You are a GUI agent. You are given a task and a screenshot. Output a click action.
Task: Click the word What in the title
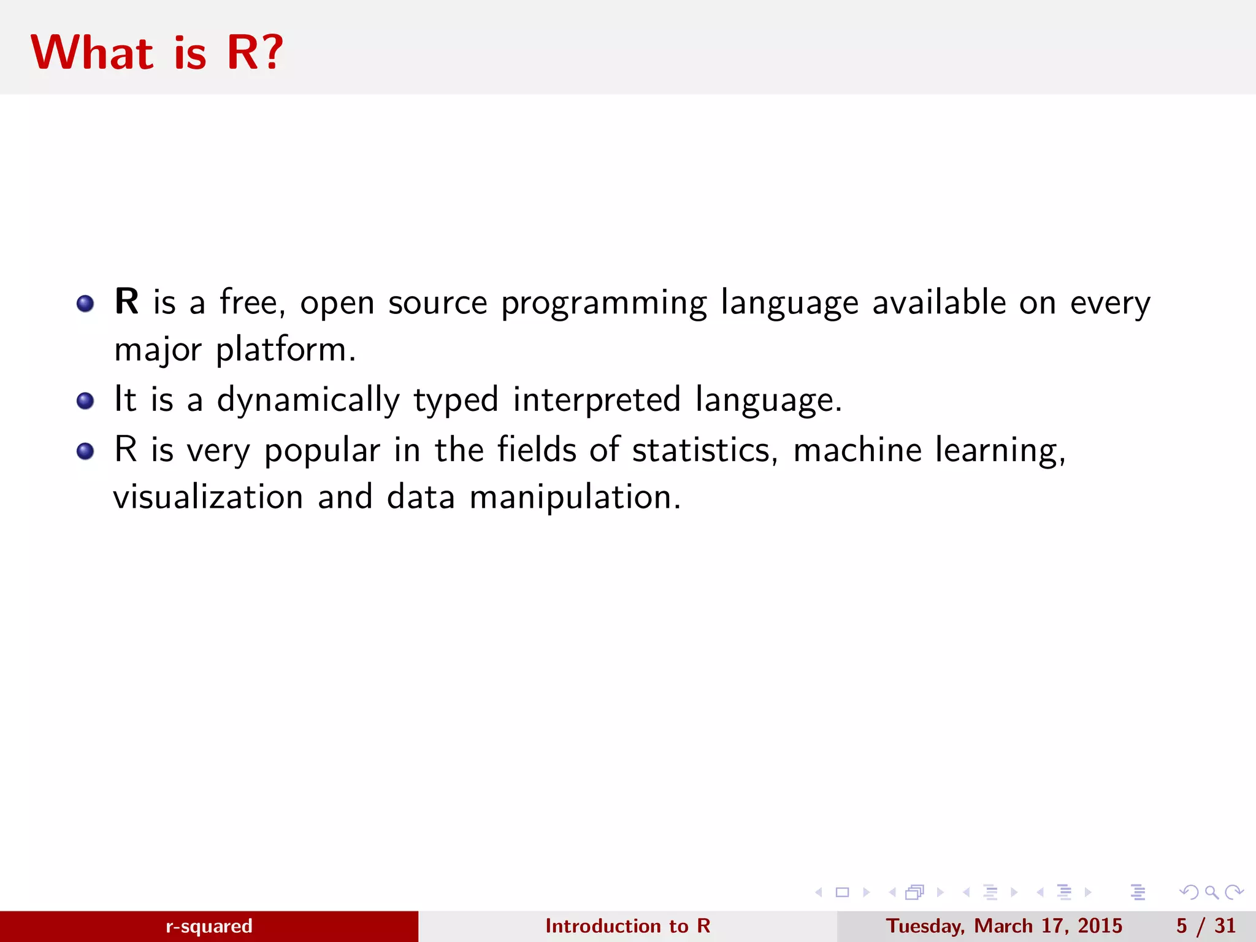click(x=92, y=53)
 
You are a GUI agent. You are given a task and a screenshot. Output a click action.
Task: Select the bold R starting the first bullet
click(x=126, y=302)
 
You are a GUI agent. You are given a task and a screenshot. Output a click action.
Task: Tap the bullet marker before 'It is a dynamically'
click(x=85, y=402)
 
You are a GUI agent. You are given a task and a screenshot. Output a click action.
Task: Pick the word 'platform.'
click(x=286, y=351)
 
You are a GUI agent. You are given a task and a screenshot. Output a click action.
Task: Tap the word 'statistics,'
click(x=705, y=450)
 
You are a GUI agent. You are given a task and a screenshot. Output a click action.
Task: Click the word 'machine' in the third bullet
click(x=857, y=450)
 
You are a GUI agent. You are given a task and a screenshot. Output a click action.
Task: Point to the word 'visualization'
click(x=209, y=497)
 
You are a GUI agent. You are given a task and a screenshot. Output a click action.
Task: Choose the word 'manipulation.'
click(x=575, y=498)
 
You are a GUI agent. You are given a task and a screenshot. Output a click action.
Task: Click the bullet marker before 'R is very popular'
click(x=85, y=452)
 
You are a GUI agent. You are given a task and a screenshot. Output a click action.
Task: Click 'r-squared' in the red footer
click(x=209, y=926)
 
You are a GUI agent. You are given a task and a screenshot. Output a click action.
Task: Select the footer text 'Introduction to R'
click(x=627, y=926)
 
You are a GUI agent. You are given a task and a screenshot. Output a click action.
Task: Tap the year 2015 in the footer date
click(x=1100, y=926)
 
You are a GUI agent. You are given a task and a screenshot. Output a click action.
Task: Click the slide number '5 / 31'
click(x=1206, y=926)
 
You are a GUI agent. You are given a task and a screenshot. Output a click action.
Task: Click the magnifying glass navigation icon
click(x=1211, y=892)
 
